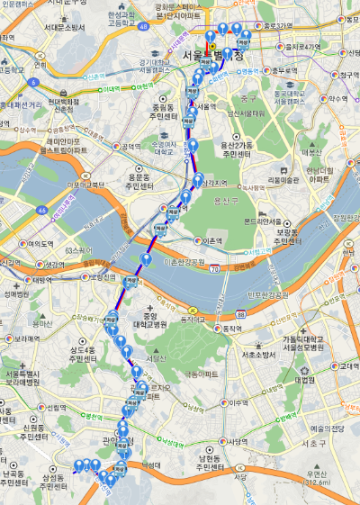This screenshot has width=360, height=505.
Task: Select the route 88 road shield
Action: [x=243, y=311]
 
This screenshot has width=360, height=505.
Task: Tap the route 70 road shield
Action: [x=213, y=269]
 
